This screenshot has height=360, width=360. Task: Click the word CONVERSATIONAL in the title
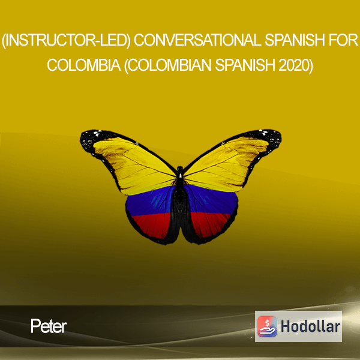point(197,40)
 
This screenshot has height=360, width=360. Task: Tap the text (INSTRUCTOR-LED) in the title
point(66,40)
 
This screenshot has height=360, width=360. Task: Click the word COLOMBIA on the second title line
point(84,65)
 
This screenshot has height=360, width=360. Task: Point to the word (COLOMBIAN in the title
point(168,65)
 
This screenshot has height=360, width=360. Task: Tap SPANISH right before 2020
point(245,65)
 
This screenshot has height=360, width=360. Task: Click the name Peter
point(49,326)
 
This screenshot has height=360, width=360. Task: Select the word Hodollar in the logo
point(310,326)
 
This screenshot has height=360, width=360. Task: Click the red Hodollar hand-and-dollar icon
point(267,326)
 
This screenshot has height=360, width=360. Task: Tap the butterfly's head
point(180,169)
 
